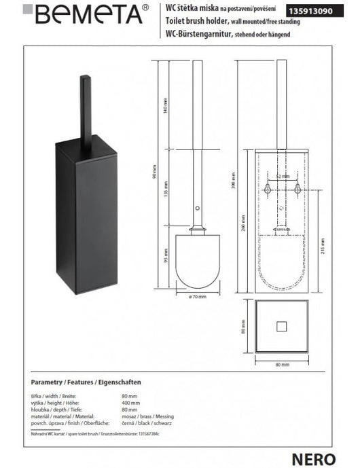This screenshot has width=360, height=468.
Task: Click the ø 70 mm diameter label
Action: pyautogui.click(x=197, y=297)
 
